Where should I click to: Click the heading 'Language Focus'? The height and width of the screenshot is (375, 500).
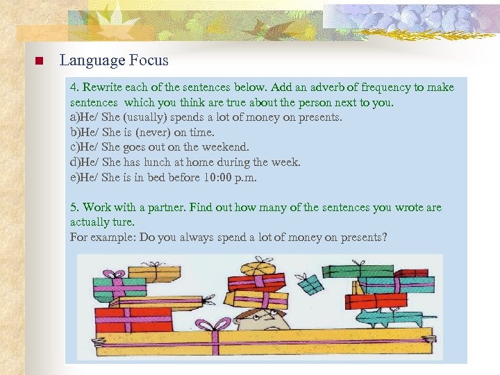[x=114, y=60]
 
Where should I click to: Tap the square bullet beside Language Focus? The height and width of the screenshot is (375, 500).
[x=39, y=61]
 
